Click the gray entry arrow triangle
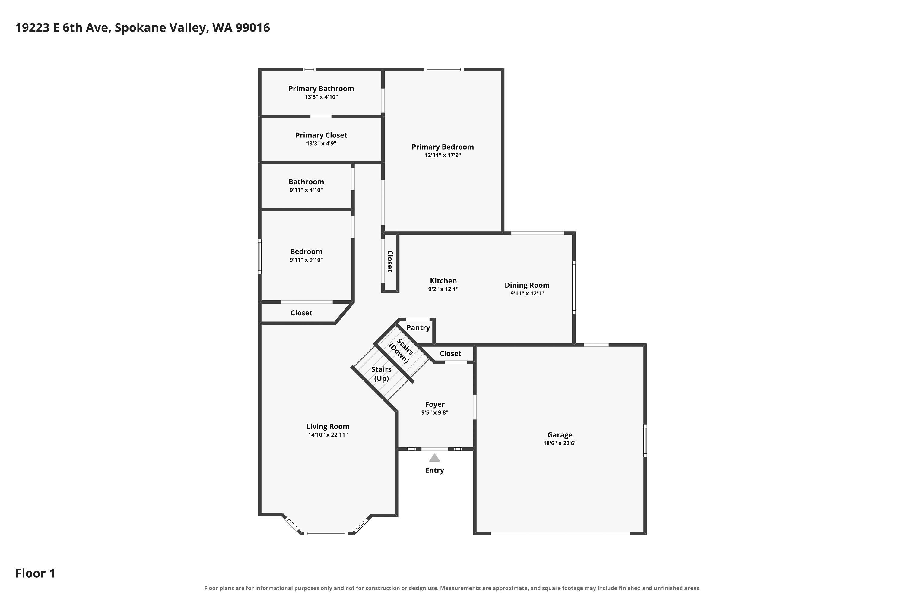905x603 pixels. [x=434, y=458]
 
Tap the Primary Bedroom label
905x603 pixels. [x=443, y=147]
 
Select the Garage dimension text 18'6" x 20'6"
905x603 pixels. [x=560, y=443]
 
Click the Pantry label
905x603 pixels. [x=418, y=328]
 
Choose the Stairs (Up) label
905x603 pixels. [x=381, y=374]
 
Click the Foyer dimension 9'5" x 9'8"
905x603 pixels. [x=435, y=413]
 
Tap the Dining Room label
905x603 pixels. [x=527, y=285]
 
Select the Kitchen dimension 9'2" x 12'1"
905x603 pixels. [x=443, y=289]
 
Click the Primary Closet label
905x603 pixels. [x=321, y=135]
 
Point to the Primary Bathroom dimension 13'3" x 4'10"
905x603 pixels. [x=321, y=97]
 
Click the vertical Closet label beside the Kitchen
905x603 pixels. [x=390, y=261]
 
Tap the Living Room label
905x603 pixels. [x=328, y=427]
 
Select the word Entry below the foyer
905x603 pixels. [x=434, y=470]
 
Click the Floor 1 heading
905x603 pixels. [x=35, y=573]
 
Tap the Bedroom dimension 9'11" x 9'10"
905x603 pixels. [x=306, y=260]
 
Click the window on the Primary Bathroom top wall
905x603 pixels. [x=309, y=70]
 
